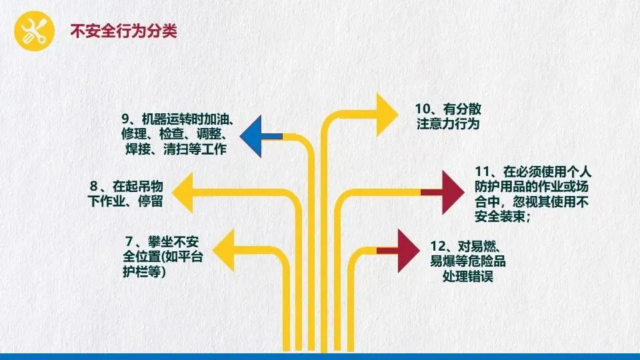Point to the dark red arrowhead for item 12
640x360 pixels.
tap(407, 250)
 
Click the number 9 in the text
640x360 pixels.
tap(125, 119)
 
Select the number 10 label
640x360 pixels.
tap(422, 109)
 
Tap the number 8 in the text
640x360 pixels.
tap(93, 185)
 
